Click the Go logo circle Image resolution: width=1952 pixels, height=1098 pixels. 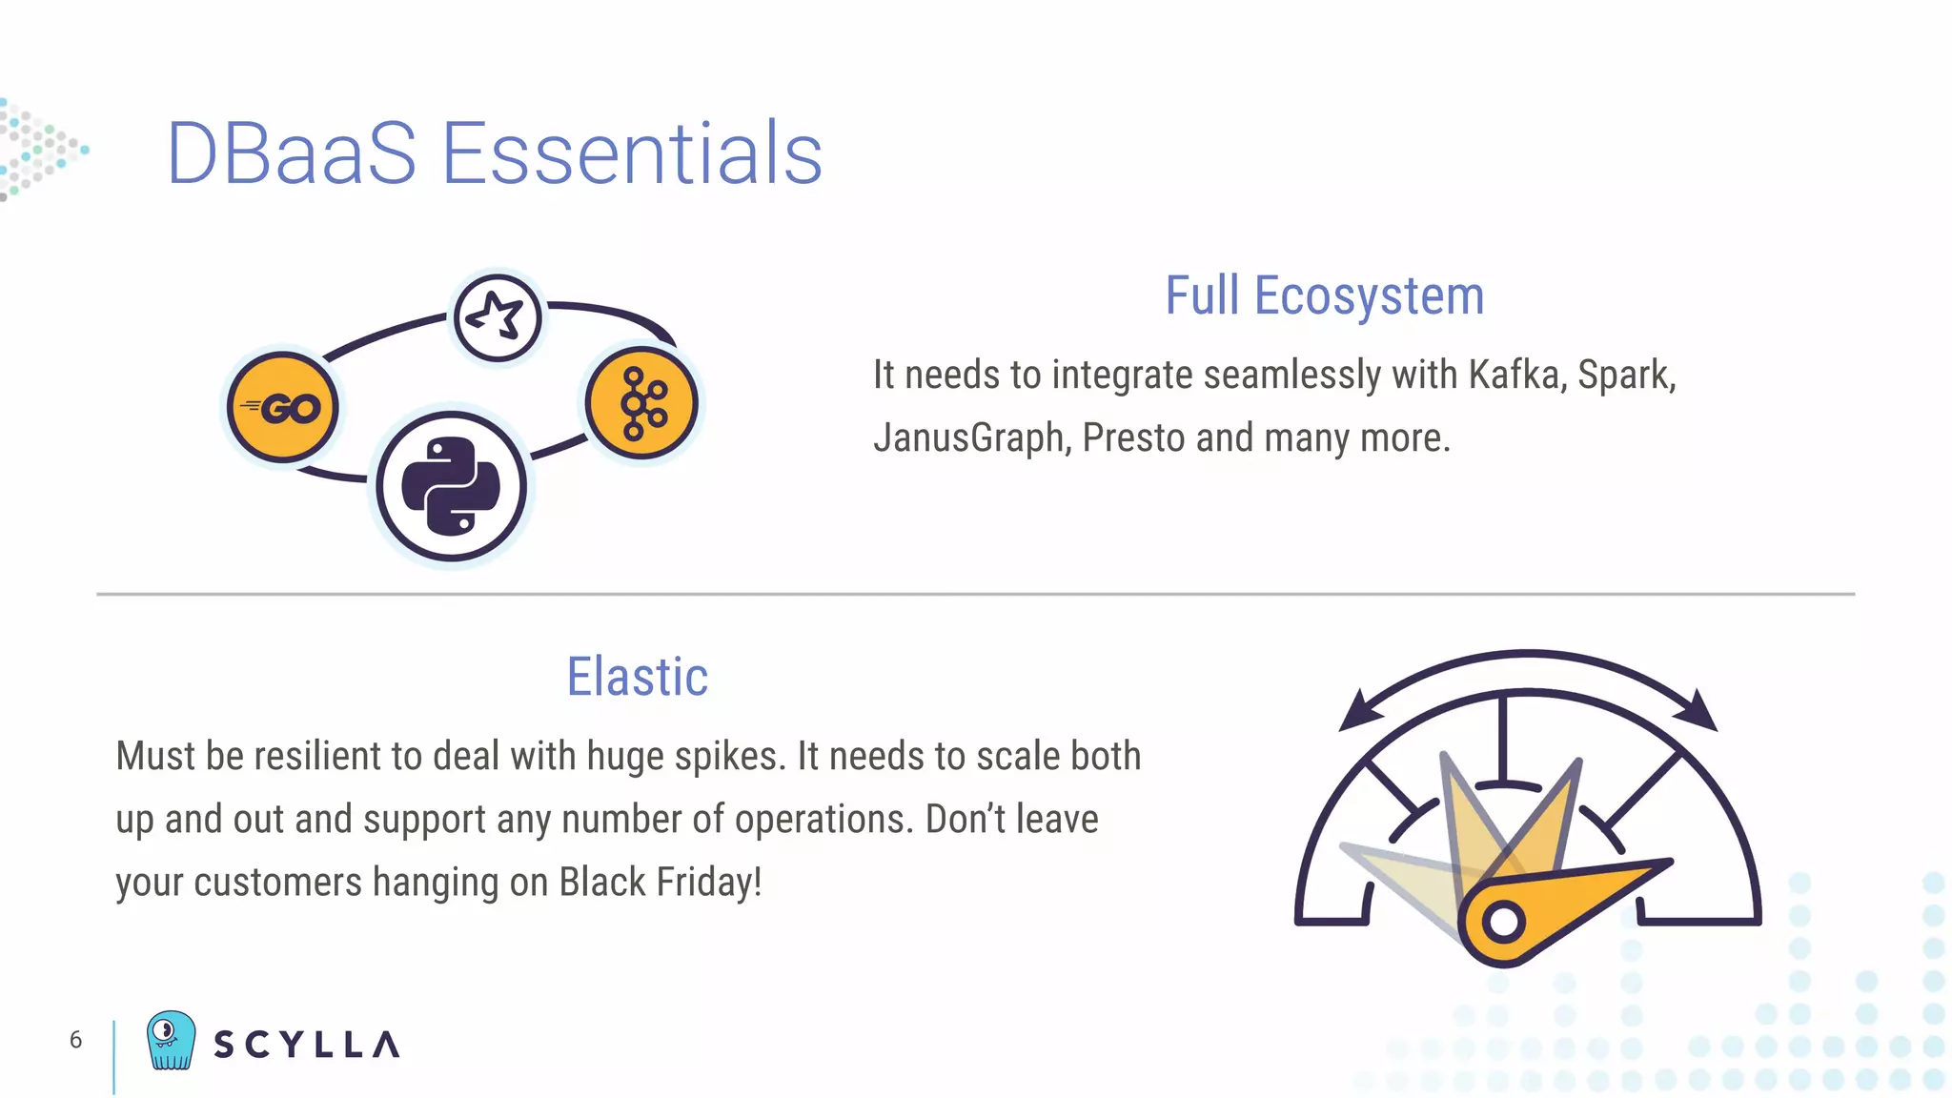(283, 408)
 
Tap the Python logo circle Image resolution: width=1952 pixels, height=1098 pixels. (451, 486)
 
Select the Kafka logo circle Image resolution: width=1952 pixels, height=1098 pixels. (642, 403)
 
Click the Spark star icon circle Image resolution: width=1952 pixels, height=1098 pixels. (498, 317)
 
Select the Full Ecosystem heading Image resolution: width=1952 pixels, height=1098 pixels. (1324, 295)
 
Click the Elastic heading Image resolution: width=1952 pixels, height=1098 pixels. (638, 677)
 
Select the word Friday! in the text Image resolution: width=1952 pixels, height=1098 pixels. (708, 882)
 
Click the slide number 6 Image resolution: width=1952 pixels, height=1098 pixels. (76, 1040)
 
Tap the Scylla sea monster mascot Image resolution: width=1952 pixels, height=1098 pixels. (171, 1040)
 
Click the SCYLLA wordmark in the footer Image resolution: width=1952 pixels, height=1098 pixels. (307, 1045)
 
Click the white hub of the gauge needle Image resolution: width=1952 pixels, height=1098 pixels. (1503, 922)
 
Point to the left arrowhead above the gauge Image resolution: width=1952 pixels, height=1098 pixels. (1358, 712)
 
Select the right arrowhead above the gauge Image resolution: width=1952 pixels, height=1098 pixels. (1697, 710)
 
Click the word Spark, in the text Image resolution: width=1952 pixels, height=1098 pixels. (1626, 375)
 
